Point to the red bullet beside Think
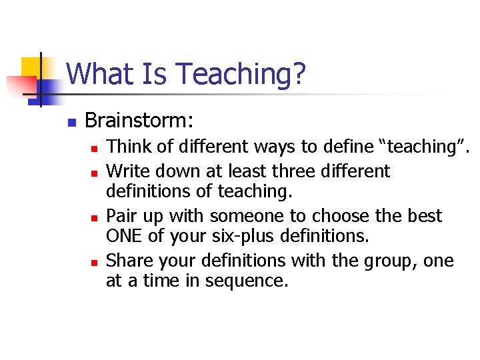(x=95, y=148)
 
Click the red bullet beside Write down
(x=95, y=173)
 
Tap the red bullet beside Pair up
(x=95, y=217)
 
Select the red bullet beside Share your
(x=95, y=261)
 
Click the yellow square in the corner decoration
(x=30, y=67)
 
